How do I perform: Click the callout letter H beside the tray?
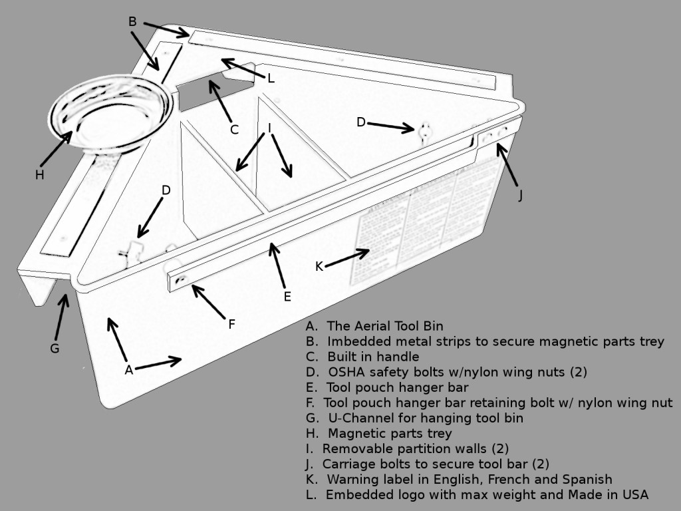[x=39, y=175]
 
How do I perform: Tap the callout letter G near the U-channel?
[x=55, y=348]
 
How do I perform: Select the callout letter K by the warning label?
[x=319, y=267]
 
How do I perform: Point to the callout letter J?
[x=520, y=196]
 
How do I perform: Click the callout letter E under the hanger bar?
[x=287, y=297]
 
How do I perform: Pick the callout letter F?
[x=231, y=325]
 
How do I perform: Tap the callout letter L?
[x=271, y=79]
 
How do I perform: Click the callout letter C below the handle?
[x=234, y=130]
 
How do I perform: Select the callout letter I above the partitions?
[x=269, y=128]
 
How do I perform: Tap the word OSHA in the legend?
[x=345, y=372]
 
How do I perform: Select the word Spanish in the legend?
[x=591, y=480]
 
